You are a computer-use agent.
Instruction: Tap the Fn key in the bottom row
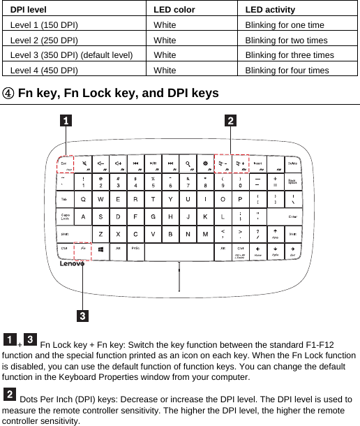(84, 249)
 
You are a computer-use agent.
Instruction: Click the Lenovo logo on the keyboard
(70, 264)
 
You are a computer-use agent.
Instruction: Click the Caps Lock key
(66, 216)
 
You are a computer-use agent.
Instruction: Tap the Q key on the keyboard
(84, 199)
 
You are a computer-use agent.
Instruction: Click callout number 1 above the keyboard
(65, 121)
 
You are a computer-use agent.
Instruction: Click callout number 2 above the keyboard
(230, 121)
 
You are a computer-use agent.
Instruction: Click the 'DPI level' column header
(29, 9)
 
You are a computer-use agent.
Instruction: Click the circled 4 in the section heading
(8, 93)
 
